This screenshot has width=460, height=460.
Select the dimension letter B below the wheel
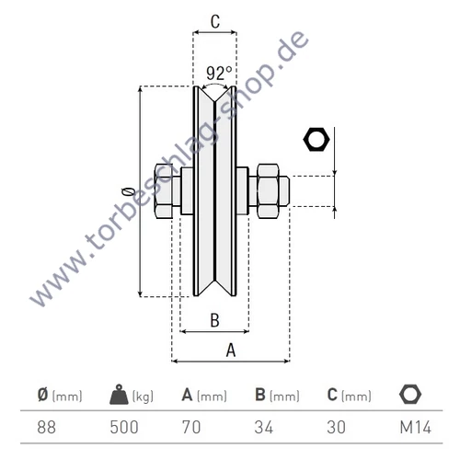[213, 319]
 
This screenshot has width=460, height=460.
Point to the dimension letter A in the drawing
[230, 349]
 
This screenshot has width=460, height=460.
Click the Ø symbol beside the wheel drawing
[127, 190]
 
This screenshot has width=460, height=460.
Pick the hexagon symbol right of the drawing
[316, 140]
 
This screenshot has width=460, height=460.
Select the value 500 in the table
[123, 427]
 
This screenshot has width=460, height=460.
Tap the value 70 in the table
[192, 427]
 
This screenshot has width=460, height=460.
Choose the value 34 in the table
[265, 427]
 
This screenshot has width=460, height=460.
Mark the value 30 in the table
[337, 427]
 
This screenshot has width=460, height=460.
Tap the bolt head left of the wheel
[166, 190]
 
